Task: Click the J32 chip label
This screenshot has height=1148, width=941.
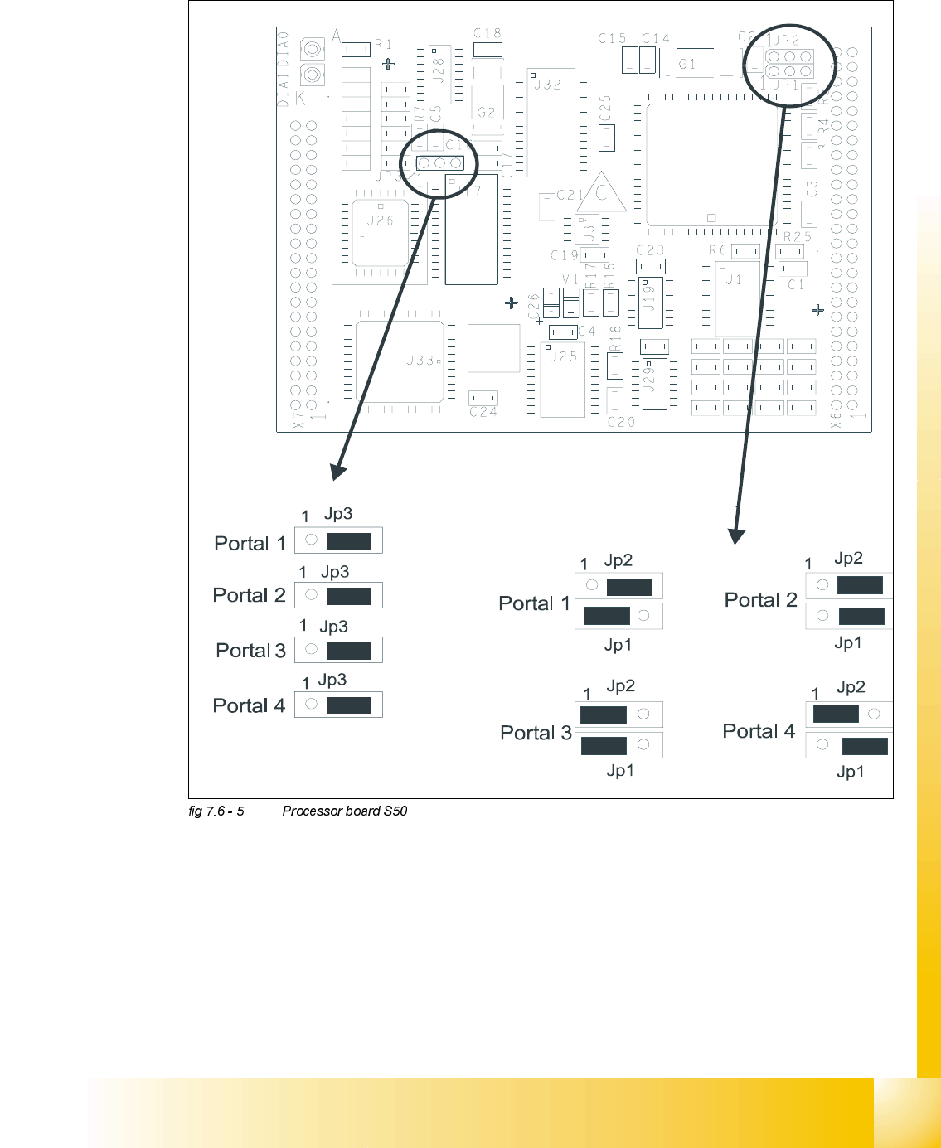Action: tap(547, 85)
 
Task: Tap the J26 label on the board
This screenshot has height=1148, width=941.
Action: tap(380, 220)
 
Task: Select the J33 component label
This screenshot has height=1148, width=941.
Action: tap(420, 361)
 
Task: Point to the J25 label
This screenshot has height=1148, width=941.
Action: tap(563, 356)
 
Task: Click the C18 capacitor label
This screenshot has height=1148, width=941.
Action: tap(487, 34)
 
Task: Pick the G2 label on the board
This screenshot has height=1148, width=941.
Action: tap(486, 113)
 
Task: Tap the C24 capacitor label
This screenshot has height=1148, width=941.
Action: tap(483, 412)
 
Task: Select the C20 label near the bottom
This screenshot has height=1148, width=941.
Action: tap(621, 422)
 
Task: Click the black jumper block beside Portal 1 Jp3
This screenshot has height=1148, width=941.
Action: tap(349, 541)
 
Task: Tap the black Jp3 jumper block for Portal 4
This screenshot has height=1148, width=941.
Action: tap(349, 705)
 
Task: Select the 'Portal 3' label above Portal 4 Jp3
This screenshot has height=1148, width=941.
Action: tap(250, 651)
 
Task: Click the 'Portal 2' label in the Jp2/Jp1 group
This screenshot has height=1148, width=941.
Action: tap(760, 600)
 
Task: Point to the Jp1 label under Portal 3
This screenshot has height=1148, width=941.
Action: tap(620, 771)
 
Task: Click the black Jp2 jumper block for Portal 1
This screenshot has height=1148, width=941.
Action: tap(629, 587)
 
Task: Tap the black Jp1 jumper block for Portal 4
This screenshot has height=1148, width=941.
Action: tap(865, 746)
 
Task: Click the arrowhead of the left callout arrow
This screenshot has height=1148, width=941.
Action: tap(338, 472)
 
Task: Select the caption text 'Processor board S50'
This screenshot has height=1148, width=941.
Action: tap(345, 811)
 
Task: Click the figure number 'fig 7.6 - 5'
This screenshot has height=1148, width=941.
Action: tap(216, 811)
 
